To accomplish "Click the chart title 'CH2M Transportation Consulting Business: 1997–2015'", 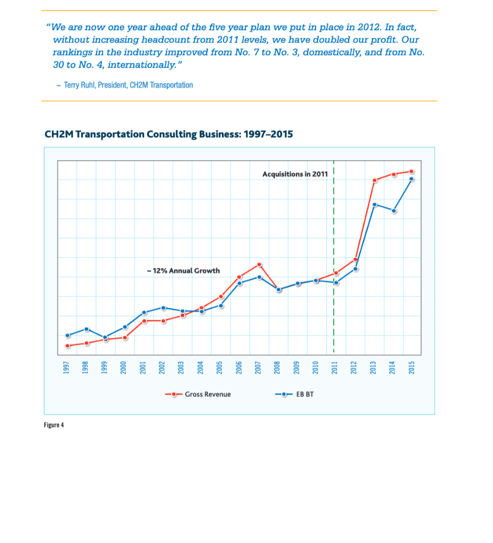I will [169, 134].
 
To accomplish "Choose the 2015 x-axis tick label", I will [412, 366].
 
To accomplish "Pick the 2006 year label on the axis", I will [239, 366].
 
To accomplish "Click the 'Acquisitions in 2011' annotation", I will [295, 174].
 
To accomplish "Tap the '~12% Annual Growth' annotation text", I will [183, 270].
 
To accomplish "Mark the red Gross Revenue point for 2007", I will [259, 264].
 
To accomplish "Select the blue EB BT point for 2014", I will [394, 211].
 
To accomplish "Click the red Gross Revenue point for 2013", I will [375, 180].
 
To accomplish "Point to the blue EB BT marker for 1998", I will [87, 329].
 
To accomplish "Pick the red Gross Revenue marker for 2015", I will [412, 171].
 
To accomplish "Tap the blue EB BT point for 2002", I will [163, 308].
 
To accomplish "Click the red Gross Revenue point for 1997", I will [67, 346].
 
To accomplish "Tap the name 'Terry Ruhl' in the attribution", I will [80, 85].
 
